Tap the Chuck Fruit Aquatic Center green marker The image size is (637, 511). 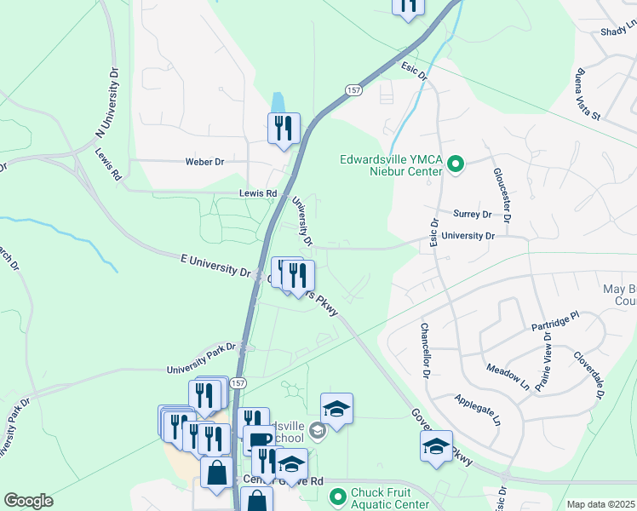(x=338, y=495)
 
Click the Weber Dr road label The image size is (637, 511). (x=204, y=162)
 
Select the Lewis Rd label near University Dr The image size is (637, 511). (x=260, y=194)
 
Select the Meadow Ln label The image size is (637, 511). (x=508, y=376)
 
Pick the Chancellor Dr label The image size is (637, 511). (x=424, y=350)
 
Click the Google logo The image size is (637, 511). (x=28, y=501)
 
